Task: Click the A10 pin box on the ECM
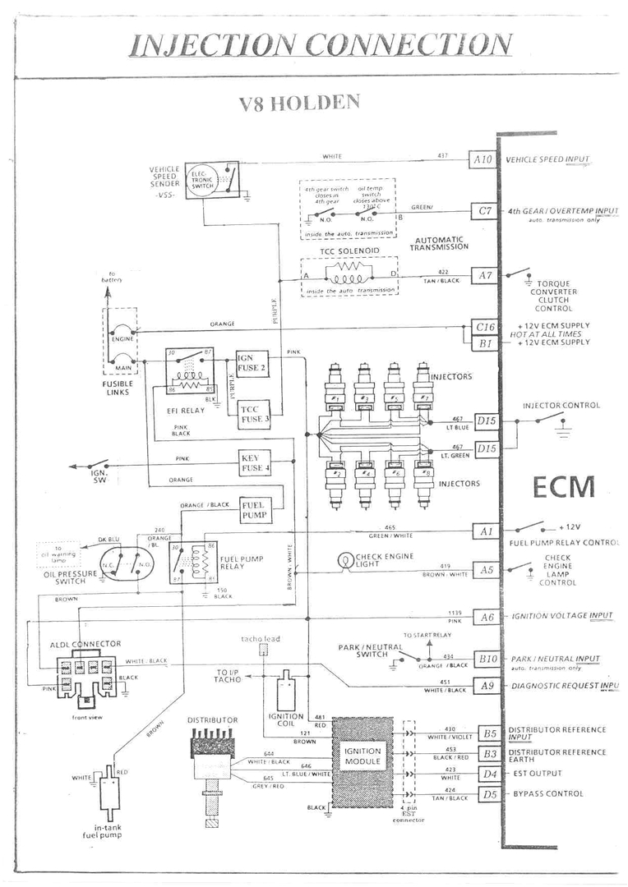tap(483, 159)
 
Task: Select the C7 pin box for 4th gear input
tap(484, 212)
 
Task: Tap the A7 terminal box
tap(484, 276)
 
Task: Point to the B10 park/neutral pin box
tap(488, 659)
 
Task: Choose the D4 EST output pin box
tap(490, 774)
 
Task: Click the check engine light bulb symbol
tap(345, 561)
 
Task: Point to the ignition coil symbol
tap(287, 692)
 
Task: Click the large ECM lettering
tap(563, 486)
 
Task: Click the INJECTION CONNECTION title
tap(321, 44)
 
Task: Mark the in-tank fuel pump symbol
tap(108, 791)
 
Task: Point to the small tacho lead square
tap(262, 650)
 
